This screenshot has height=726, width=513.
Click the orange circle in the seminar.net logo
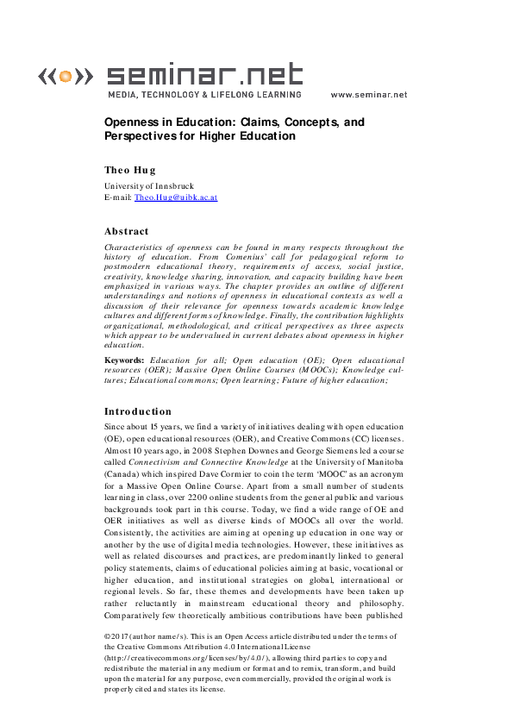pos(64,77)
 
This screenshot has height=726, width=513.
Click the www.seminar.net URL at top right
pos(368,95)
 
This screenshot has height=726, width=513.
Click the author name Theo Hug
pos(130,170)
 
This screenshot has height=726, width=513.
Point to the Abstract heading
pos(127,231)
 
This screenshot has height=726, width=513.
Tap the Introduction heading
pos(138,411)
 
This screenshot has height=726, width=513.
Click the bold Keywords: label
pos(124,359)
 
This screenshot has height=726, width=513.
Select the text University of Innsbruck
pos(149,185)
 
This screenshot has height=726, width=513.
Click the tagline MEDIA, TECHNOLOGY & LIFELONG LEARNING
pos(204,95)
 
